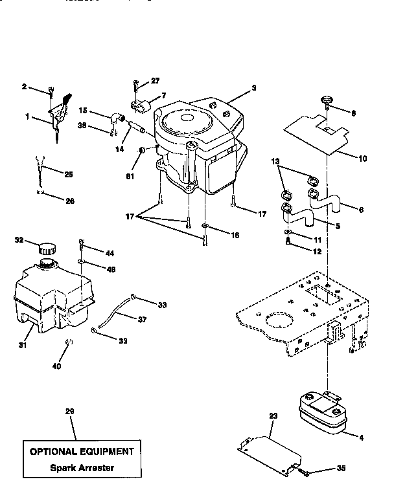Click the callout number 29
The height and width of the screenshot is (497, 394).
(70, 411)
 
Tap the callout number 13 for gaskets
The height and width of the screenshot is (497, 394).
(275, 160)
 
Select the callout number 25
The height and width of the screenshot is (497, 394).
(69, 173)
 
